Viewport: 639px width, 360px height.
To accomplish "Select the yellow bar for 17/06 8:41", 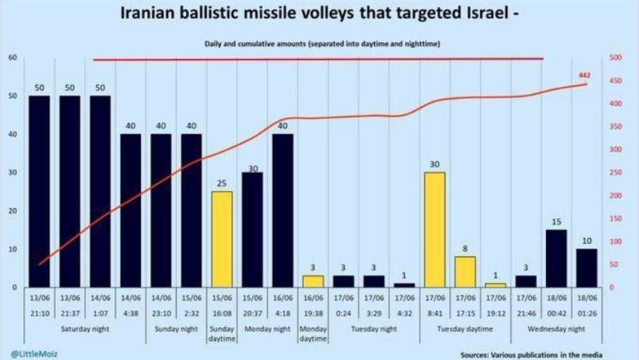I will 435,230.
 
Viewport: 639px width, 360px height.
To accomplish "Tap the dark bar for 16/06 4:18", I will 283,210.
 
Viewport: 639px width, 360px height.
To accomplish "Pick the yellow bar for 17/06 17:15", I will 465,271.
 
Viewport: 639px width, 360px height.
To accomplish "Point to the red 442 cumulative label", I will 584,75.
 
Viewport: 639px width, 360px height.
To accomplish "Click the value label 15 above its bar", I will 556,222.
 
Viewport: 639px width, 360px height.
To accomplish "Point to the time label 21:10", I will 39,313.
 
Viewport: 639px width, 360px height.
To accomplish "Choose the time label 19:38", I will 313,313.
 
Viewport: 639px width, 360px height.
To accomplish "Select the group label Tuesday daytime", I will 465,329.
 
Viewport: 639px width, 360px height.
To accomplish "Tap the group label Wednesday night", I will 556,329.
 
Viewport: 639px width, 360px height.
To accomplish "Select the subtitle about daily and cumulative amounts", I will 319,44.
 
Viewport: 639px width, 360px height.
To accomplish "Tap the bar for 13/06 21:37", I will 70,191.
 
